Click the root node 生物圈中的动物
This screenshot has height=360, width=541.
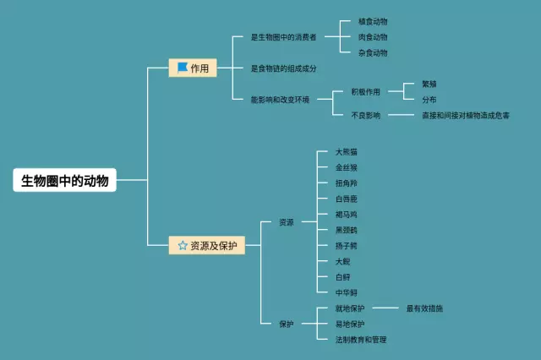(65, 180)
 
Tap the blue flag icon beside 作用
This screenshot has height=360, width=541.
(182, 68)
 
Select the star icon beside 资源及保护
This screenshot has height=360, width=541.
(182, 246)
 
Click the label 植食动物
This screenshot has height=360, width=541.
(373, 22)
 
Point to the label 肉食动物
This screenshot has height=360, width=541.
(373, 37)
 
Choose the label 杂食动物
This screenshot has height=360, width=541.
(373, 52)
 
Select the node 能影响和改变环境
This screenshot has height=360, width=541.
(280, 100)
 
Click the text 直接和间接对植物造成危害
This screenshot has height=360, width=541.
(466, 115)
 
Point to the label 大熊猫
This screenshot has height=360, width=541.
(346, 152)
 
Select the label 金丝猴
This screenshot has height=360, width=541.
(346, 168)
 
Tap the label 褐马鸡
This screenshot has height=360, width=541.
(346, 215)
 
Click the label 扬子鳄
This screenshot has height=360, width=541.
(346, 246)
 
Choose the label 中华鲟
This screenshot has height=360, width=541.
(346, 292)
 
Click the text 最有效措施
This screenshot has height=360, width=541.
(424, 308)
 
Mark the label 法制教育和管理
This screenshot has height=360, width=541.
(361, 340)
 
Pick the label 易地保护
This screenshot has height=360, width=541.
(350, 324)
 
